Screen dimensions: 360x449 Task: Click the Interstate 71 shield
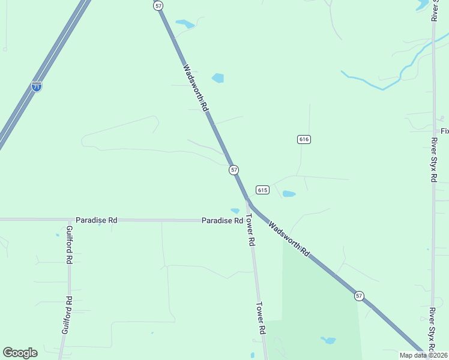click(37, 86)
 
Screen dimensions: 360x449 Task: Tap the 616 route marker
click(303, 139)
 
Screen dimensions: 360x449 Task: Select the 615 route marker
click(262, 190)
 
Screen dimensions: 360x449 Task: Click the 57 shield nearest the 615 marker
click(234, 170)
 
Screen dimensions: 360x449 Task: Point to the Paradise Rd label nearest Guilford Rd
click(96, 220)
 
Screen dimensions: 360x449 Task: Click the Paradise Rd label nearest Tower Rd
click(221, 220)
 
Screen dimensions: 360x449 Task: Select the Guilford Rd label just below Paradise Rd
click(69, 245)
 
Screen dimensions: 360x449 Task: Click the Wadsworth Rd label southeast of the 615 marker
click(289, 239)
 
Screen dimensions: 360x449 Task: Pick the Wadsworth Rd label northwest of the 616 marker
click(196, 88)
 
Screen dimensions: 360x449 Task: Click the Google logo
click(20, 353)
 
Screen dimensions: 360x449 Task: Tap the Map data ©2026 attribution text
click(423, 355)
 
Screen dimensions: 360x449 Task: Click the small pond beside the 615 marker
click(289, 194)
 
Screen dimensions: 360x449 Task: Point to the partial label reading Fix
click(444, 131)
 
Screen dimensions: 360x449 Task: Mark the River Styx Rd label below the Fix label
click(433, 160)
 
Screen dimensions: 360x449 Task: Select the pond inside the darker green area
click(328, 340)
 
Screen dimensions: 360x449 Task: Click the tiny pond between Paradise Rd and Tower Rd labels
click(235, 211)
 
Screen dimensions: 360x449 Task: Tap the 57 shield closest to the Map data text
click(359, 295)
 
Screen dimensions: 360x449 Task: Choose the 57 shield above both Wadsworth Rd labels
click(158, 5)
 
